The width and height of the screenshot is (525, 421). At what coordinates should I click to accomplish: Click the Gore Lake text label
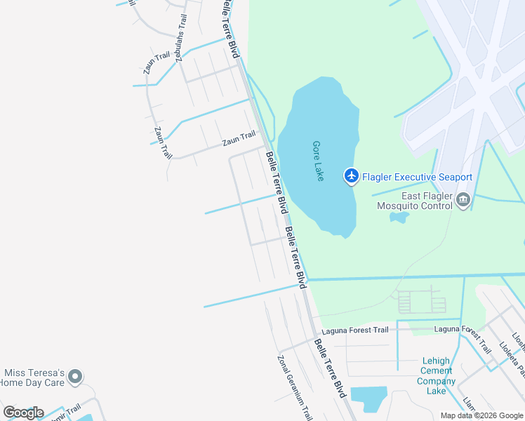click(318, 161)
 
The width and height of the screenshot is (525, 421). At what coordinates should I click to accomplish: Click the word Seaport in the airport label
click(452, 178)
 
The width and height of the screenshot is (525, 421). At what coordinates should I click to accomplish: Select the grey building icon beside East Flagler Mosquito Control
click(463, 201)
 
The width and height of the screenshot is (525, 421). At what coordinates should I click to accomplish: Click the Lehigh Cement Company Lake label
click(436, 376)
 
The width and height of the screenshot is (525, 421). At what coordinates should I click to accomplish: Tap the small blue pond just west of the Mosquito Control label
click(399, 217)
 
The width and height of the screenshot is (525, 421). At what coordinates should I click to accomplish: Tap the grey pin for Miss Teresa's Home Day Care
click(77, 377)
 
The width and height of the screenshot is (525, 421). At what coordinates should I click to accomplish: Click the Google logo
click(22, 413)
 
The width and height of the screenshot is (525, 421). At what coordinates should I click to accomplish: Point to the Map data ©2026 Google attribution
click(481, 415)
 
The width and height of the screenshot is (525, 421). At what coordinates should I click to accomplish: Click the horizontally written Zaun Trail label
click(239, 140)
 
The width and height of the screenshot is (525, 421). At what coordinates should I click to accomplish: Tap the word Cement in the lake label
click(436, 371)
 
